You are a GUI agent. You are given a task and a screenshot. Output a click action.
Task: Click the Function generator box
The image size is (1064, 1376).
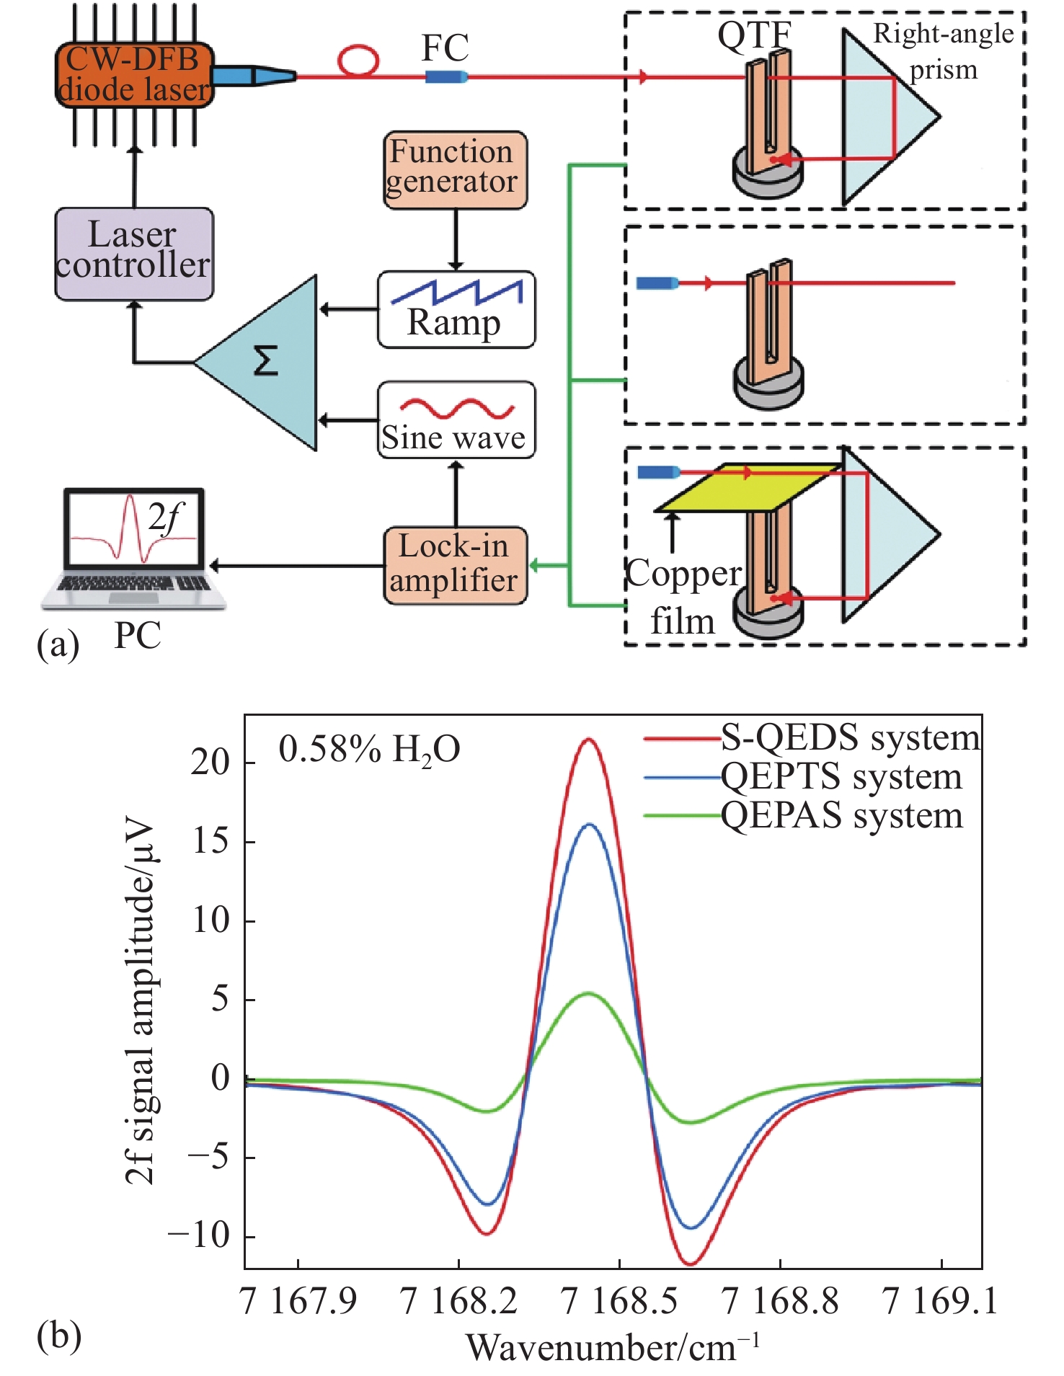click(x=455, y=170)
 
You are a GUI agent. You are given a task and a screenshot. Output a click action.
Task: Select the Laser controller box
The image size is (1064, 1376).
click(x=134, y=253)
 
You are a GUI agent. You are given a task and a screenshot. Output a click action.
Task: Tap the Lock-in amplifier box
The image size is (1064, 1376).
click(x=455, y=564)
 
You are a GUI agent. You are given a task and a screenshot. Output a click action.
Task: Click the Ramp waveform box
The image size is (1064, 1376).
click(x=456, y=309)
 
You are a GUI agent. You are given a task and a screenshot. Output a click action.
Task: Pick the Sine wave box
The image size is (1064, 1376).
click(x=456, y=420)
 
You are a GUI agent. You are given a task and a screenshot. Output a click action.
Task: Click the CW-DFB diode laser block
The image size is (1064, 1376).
click(x=134, y=75)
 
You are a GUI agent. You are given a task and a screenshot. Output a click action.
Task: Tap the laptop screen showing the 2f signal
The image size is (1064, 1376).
click(x=134, y=528)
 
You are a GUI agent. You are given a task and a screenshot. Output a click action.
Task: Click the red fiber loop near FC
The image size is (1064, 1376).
click(x=358, y=61)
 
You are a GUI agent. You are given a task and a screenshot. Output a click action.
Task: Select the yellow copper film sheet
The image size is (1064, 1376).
click(x=748, y=487)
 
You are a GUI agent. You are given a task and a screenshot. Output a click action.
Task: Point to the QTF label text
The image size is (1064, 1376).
click(x=753, y=35)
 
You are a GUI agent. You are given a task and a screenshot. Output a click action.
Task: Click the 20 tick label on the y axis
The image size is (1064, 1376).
click(x=210, y=762)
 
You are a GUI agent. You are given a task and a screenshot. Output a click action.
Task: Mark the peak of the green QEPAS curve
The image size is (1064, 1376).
click(x=589, y=993)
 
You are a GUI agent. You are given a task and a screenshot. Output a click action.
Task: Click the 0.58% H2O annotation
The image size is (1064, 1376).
click(x=369, y=750)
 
